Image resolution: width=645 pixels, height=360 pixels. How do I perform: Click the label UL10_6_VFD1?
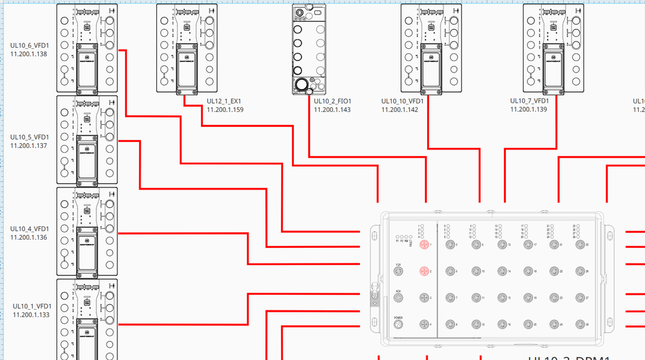click(x=29, y=46)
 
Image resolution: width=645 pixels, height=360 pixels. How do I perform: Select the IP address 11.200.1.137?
click(x=29, y=145)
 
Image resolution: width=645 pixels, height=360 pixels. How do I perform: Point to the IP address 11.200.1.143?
click(x=332, y=109)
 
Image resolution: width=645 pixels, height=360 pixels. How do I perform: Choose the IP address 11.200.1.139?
click(x=528, y=109)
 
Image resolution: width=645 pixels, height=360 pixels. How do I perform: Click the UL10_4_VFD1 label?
click(x=29, y=229)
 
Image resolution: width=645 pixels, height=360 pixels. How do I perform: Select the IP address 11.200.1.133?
click(x=31, y=314)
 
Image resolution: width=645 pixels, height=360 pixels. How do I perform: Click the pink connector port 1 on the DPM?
click(x=424, y=245)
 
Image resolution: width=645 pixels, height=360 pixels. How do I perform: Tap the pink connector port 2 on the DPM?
click(x=424, y=272)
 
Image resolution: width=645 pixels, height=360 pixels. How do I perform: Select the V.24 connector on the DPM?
click(x=399, y=272)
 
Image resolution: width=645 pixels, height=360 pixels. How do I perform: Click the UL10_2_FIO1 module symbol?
click(x=310, y=48)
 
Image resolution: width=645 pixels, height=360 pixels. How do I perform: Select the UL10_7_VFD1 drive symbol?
click(x=553, y=48)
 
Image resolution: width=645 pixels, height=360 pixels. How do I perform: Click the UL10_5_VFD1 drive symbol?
click(x=87, y=139)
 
